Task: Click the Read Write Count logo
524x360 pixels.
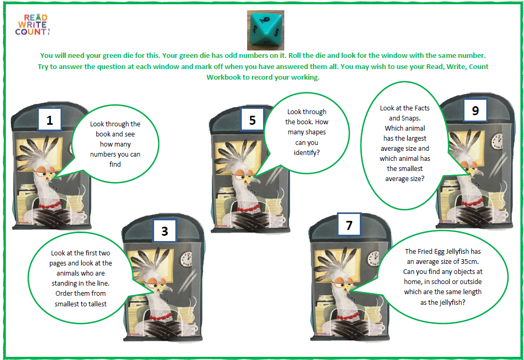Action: (x=32, y=25)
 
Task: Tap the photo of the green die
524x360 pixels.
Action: (x=266, y=30)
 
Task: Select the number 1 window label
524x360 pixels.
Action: (x=49, y=119)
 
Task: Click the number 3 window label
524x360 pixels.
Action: (x=164, y=230)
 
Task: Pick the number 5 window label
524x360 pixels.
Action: (x=252, y=119)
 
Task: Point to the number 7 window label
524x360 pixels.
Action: (x=349, y=225)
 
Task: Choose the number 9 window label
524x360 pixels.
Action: (x=475, y=110)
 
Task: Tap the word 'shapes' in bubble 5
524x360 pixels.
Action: (x=316, y=132)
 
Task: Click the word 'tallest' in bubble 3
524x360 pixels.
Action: (x=97, y=304)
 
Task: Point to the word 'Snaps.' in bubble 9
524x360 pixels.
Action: (x=410, y=118)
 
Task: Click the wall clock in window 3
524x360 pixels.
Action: (x=186, y=259)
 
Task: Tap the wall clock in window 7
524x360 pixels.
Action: (x=373, y=259)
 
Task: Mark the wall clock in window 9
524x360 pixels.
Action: (x=497, y=141)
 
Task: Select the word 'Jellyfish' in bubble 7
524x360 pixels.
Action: (x=457, y=252)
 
